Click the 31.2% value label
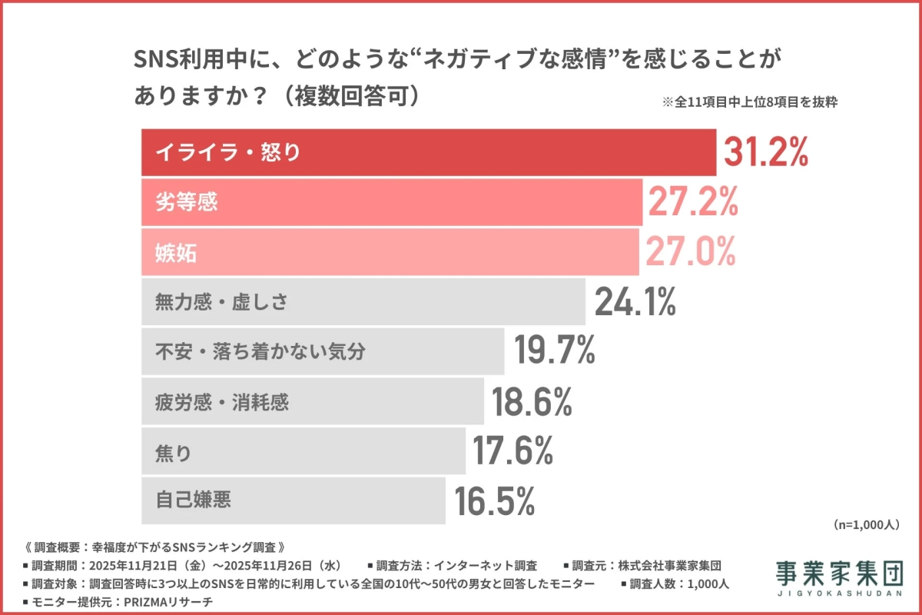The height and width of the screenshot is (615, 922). (x=765, y=152)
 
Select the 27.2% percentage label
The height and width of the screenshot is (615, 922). (x=694, y=202)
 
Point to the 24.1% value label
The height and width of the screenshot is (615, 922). (x=635, y=301)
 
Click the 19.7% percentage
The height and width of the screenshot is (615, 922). (x=555, y=351)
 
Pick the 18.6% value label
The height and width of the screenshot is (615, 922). (x=532, y=401)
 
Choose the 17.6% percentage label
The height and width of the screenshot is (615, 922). (x=512, y=451)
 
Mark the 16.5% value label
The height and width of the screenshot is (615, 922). (x=494, y=500)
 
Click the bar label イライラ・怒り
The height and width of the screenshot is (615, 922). (x=228, y=152)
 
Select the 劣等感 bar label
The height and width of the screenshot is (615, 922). (x=187, y=202)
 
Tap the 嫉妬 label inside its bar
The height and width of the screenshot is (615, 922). (x=176, y=251)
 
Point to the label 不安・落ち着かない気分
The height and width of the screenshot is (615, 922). (x=260, y=351)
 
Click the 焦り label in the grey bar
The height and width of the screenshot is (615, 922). (x=173, y=451)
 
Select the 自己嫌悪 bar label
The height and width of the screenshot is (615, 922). (x=193, y=500)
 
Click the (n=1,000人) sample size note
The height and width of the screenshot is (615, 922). (x=865, y=524)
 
